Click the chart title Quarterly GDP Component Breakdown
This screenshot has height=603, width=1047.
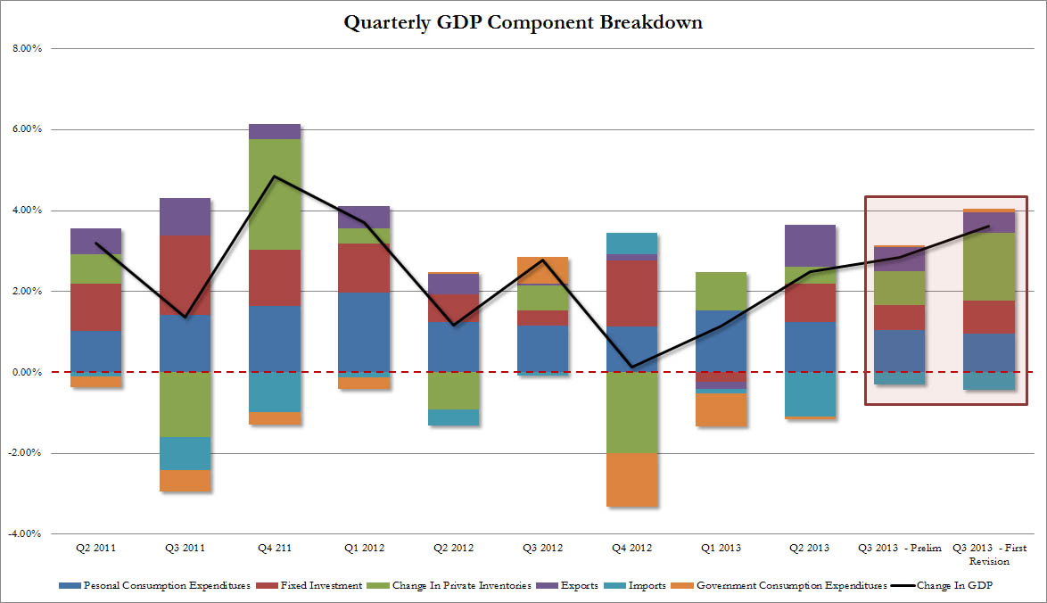(523, 23)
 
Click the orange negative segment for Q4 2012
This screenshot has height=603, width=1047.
(631, 480)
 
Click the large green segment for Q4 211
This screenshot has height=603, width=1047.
(274, 194)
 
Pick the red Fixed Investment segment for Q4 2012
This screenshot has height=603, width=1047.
(631, 293)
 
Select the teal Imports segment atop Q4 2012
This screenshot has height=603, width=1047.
(631, 244)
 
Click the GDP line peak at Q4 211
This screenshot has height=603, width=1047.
(274, 177)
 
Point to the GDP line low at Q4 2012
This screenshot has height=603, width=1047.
(631, 367)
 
